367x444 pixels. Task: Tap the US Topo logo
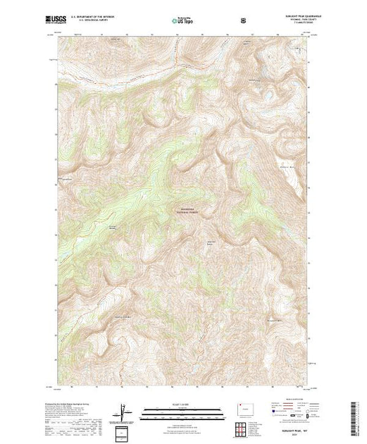point(180,21)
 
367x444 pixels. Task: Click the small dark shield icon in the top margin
point(242,20)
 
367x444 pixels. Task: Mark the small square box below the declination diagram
point(122,431)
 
